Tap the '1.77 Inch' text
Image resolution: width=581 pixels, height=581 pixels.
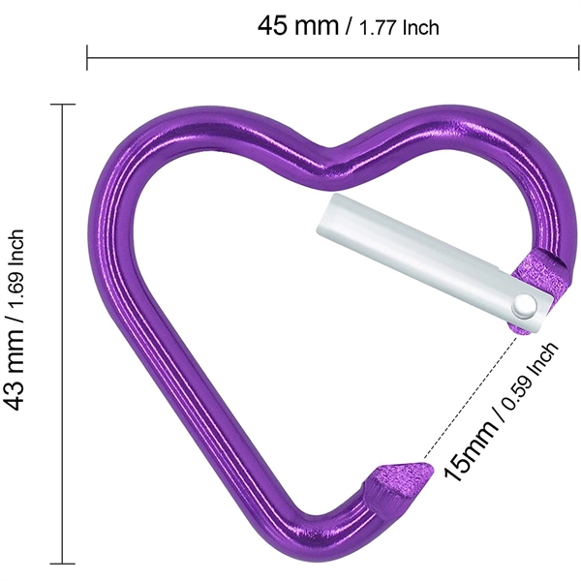pos(398,27)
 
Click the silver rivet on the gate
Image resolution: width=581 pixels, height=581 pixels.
pos(524,305)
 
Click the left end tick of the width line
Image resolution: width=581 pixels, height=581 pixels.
pos(88,57)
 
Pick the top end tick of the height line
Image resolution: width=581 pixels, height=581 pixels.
pos(63,105)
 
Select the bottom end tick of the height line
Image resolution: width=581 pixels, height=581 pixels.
pos(63,563)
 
